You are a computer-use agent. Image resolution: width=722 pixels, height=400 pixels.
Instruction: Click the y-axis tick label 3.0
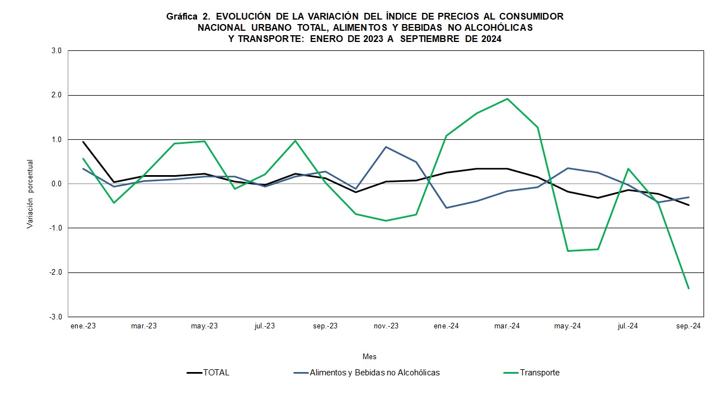(x=56, y=51)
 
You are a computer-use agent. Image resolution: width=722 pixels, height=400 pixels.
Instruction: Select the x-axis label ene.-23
(x=83, y=326)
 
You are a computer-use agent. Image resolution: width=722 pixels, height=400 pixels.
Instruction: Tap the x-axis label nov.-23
(x=386, y=326)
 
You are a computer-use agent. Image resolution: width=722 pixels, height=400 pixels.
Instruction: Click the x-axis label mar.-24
(x=507, y=326)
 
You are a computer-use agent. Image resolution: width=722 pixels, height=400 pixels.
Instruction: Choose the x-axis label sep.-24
(x=688, y=326)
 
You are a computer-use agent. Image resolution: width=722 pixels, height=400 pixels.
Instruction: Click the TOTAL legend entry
(x=216, y=373)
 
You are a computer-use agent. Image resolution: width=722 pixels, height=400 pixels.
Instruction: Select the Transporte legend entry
(x=539, y=373)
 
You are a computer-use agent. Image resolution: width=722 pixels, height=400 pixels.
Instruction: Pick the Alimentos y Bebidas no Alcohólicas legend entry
(x=374, y=373)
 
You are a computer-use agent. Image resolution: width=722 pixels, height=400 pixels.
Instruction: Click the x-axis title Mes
(x=369, y=356)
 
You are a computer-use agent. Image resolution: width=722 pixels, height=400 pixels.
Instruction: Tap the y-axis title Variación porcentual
(x=30, y=194)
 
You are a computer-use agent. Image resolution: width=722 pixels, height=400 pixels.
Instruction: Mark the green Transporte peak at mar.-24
(x=507, y=99)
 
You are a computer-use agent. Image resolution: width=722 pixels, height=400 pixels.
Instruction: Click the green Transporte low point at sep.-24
(x=688, y=289)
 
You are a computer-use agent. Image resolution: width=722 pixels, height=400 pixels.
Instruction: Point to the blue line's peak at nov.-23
(x=386, y=147)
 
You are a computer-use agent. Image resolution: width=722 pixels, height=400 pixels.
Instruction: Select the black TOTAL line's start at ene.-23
(x=83, y=142)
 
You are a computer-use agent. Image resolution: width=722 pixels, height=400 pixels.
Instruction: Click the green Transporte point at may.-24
(x=568, y=251)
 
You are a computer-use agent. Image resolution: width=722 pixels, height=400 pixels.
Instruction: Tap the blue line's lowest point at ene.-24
(x=447, y=208)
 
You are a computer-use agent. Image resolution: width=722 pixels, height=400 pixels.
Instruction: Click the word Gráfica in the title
(x=182, y=17)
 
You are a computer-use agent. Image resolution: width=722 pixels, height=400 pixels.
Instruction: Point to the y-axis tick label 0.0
(x=56, y=184)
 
